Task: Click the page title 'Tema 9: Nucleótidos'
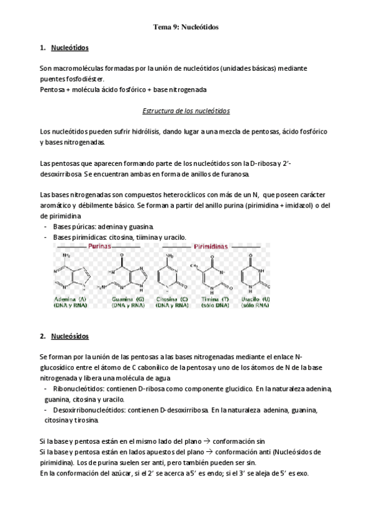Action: (186, 27)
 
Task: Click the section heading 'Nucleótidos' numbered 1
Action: (70, 47)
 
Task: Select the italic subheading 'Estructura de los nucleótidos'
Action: (186, 111)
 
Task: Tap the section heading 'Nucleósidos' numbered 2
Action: (70, 336)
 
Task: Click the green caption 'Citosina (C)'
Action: (173, 300)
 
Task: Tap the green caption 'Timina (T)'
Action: (214, 300)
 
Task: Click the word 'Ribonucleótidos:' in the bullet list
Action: (81, 389)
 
